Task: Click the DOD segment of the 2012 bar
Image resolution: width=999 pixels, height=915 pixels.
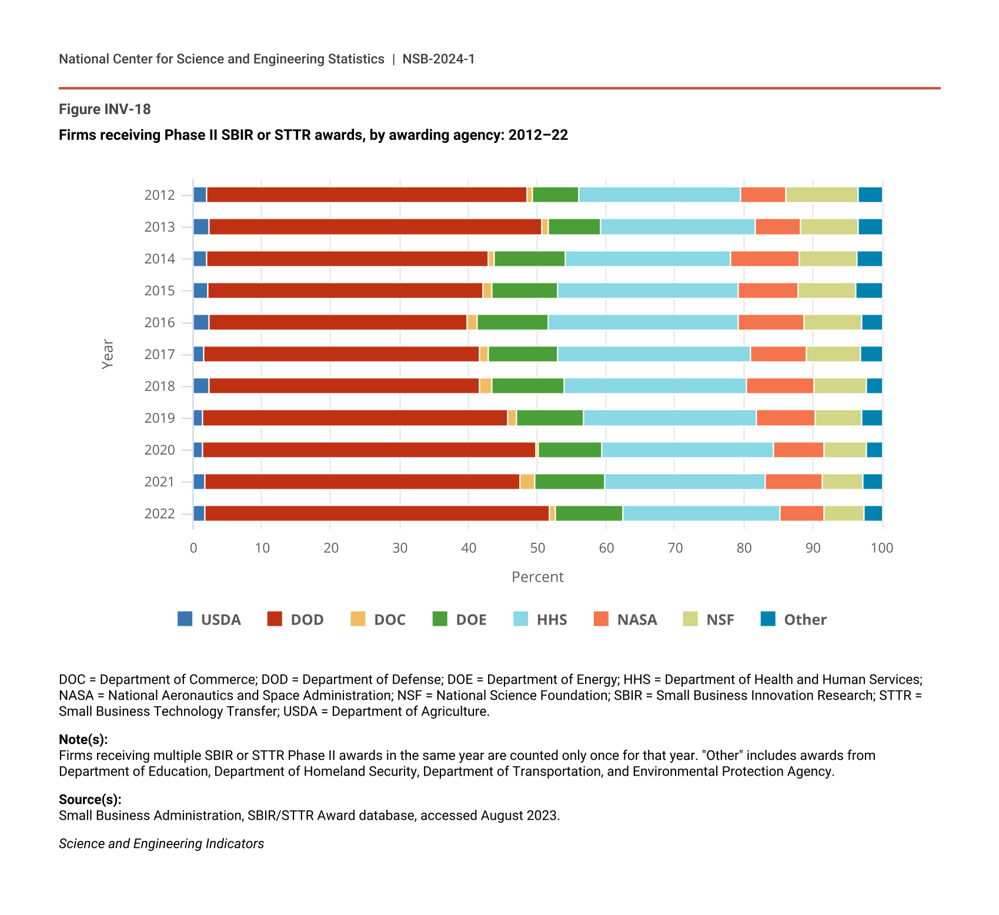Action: [x=366, y=195]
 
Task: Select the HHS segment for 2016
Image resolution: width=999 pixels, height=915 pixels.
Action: [x=643, y=322]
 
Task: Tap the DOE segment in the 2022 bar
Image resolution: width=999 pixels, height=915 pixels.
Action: [x=589, y=513]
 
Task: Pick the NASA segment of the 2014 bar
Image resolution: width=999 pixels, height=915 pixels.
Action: [x=764, y=259]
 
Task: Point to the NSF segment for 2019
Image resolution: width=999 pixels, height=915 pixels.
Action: [x=838, y=418]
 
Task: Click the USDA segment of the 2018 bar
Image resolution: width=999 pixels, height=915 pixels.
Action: [x=201, y=386]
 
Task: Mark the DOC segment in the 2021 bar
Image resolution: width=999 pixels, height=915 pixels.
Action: [x=527, y=482]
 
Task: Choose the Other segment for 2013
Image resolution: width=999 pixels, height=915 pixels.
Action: [x=870, y=227]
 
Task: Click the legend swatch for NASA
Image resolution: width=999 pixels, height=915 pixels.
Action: [x=601, y=619]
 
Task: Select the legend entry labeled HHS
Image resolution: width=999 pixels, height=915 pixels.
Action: [x=552, y=620]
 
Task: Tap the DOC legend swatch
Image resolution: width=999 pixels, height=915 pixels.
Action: [x=357, y=619]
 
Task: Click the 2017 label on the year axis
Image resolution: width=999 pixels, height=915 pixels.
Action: [x=159, y=354]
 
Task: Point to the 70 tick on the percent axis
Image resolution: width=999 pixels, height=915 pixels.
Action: [x=675, y=548]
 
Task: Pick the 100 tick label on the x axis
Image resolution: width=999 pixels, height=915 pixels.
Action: [x=881, y=548]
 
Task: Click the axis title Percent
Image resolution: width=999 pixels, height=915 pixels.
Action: [x=537, y=577]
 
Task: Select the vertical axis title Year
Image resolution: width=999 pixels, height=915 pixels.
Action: [x=108, y=354]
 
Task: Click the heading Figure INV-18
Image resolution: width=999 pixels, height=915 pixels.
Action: [x=105, y=109]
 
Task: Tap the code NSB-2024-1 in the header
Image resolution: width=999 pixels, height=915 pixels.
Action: [x=438, y=59]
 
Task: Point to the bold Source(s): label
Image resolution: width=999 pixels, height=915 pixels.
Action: [x=90, y=800]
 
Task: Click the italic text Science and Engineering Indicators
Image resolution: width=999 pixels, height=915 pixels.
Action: [x=161, y=844]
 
